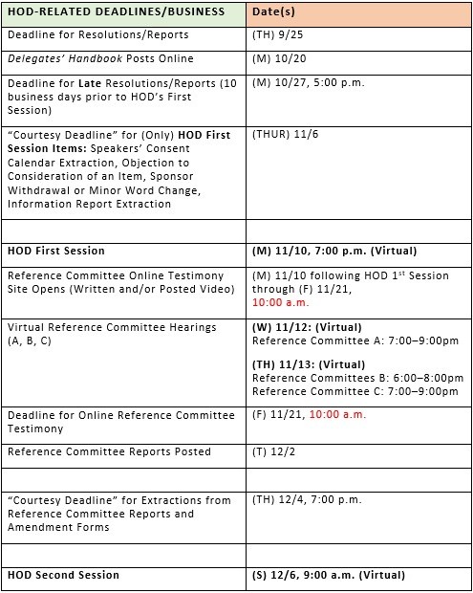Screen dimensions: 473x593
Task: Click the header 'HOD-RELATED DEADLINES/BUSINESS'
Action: [116, 11]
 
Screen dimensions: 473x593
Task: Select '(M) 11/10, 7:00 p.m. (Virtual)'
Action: [334, 252]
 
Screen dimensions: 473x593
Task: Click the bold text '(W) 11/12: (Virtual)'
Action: [308, 327]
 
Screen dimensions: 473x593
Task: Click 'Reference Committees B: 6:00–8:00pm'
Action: [357, 379]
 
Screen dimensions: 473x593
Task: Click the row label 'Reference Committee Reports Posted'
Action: [109, 451]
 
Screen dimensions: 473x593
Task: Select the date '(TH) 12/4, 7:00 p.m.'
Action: [307, 499]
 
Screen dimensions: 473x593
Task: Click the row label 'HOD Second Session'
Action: [64, 575]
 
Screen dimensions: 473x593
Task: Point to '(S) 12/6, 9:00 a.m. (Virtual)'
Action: [330, 575]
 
